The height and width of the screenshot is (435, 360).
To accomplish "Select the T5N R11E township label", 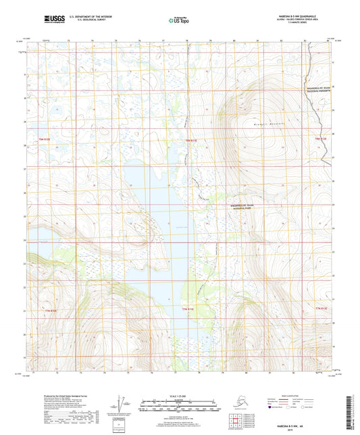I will click(191, 140).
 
